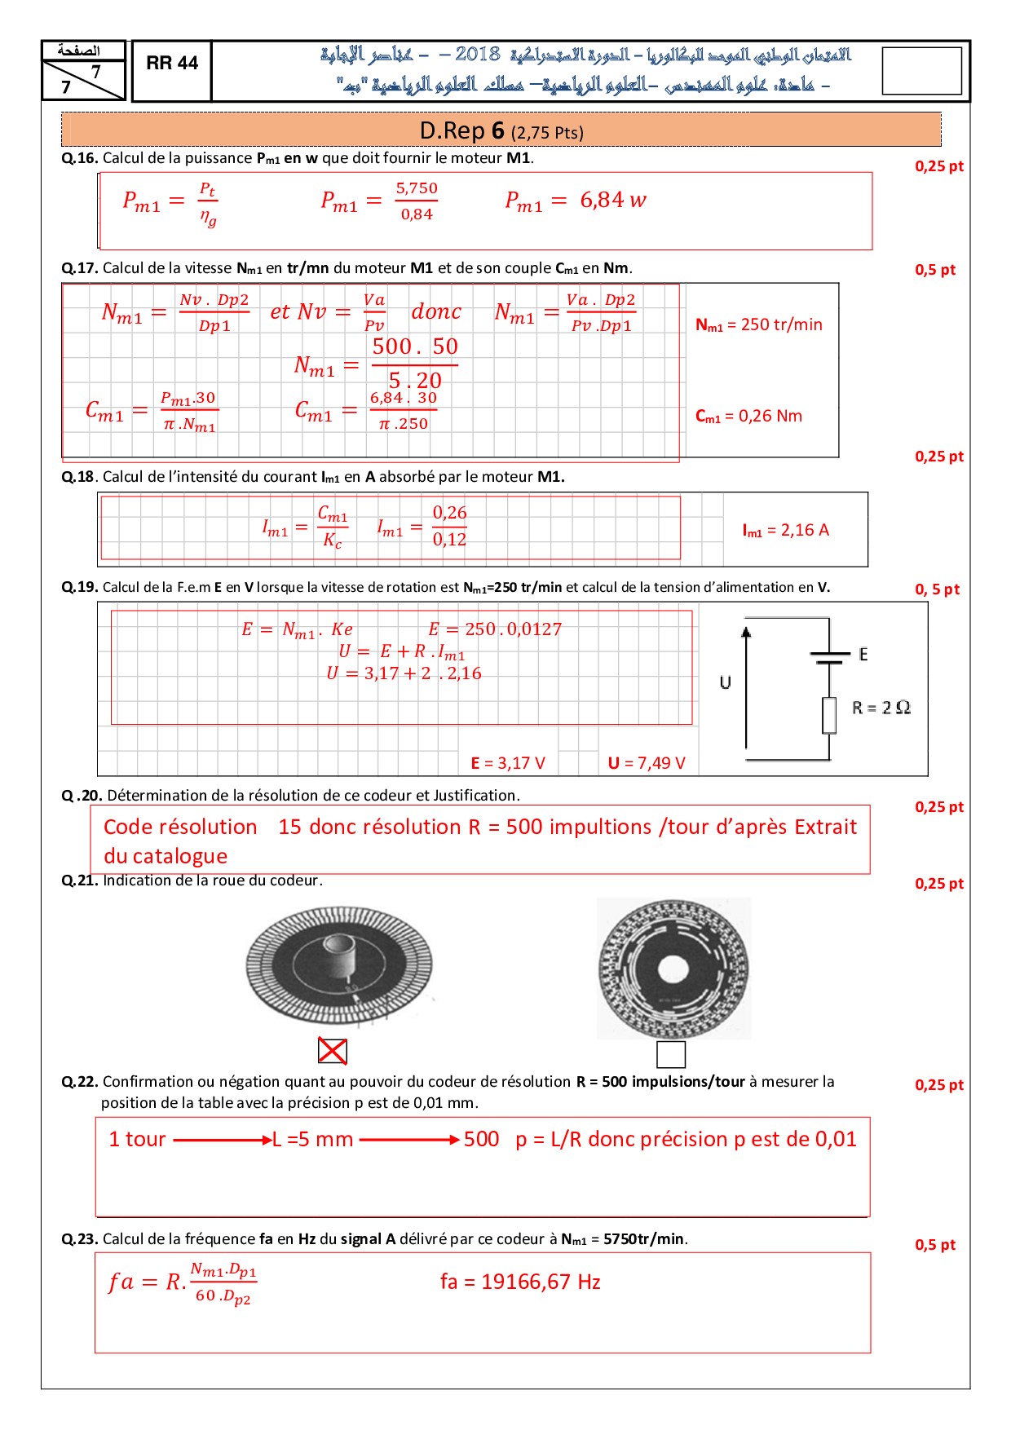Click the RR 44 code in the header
pyautogui.click(x=172, y=63)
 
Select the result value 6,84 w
pyautogui.click(x=613, y=200)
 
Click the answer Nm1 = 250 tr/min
pyautogui.click(x=758, y=324)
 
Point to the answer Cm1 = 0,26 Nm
pyautogui.click(x=748, y=416)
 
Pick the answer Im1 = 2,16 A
pyautogui.click(x=785, y=530)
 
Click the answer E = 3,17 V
pyautogui.click(x=508, y=763)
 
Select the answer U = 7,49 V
pyautogui.click(x=647, y=763)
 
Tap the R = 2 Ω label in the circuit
pyautogui.click(x=881, y=708)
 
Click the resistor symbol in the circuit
pyautogui.click(x=829, y=715)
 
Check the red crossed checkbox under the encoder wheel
pyautogui.click(x=333, y=1052)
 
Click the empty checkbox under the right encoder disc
pyautogui.click(x=671, y=1054)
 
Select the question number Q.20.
pyautogui.click(x=82, y=796)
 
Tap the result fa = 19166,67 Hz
pyautogui.click(x=520, y=1282)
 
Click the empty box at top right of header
pyautogui.click(x=921, y=71)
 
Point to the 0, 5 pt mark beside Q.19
pyautogui.click(x=937, y=589)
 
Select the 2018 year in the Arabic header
pyautogui.click(x=478, y=55)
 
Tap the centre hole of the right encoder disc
pyautogui.click(x=674, y=968)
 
